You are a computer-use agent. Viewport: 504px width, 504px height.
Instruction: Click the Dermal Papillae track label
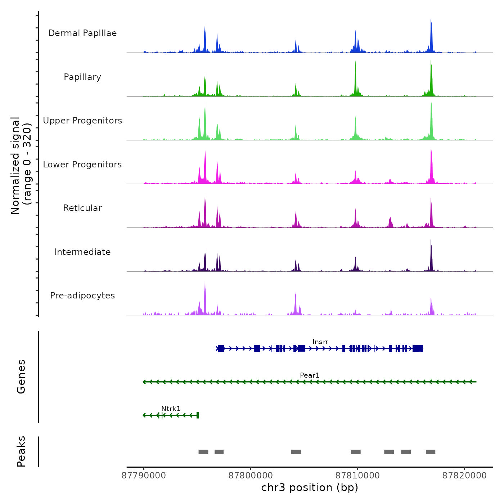(x=82, y=33)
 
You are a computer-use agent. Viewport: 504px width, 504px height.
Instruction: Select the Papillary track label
(x=82, y=77)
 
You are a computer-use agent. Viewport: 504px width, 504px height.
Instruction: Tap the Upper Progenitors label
(x=82, y=121)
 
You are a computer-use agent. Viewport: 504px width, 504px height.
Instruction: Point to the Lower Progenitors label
(x=82, y=165)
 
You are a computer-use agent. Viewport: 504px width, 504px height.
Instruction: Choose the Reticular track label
(x=82, y=208)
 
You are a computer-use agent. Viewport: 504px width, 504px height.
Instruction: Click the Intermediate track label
(x=82, y=252)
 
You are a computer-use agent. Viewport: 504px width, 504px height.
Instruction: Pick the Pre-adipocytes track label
(x=82, y=296)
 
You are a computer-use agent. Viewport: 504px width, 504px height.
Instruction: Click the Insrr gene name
(x=320, y=342)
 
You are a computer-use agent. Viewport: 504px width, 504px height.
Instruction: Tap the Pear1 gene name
(x=310, y=375)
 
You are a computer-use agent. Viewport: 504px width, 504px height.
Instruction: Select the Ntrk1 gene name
(x=171, y=409)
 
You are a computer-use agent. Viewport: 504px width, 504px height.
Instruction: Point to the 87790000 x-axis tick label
(x=144, y=476)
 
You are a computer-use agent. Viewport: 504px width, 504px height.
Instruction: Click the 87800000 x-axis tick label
(x=251, y=476)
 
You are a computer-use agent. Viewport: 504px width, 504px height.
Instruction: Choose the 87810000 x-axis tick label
(x=357, y=476)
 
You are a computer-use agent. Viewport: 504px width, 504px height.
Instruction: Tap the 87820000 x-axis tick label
(x=464, y=476)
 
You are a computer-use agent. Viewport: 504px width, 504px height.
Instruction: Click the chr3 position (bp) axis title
(x=310, y=487)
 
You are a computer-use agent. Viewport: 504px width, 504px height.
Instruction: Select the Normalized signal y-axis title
(x=21, y=165)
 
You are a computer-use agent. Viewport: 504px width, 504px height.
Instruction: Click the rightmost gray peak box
(x=431, y=452)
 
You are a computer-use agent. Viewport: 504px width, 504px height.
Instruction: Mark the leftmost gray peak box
(x=203, y=452)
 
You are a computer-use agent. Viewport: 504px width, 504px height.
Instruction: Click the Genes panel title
(x=21, y=377)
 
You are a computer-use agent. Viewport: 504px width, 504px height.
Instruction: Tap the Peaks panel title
(x=21, y=451)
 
